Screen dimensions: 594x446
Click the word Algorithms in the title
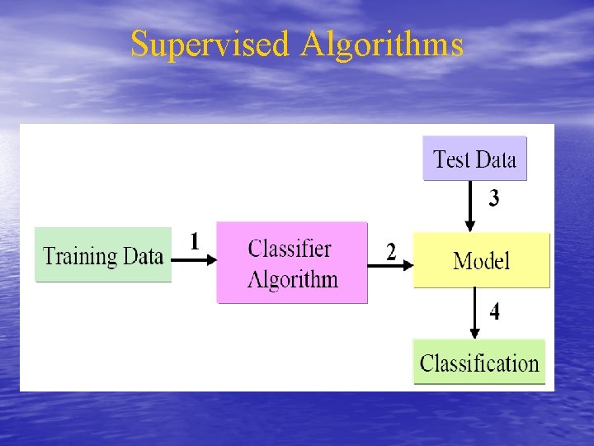point(382,44)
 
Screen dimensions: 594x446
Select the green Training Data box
point(103,255)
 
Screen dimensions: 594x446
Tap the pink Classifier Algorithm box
point(292,263)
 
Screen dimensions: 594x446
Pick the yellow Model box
point(481,260)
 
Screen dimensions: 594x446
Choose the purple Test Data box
point(474,159)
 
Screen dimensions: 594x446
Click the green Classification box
point(479,362)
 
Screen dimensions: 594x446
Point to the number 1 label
point(195,241)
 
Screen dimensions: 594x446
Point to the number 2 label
point(391,252)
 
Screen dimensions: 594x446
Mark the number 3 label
point(493,199)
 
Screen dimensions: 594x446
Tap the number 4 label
point(493,312)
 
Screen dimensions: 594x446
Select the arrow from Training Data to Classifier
point(195,259)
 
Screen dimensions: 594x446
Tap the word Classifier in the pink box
point(290,249)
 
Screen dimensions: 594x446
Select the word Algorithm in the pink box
point(293,278)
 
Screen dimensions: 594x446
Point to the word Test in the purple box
point(450,159)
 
